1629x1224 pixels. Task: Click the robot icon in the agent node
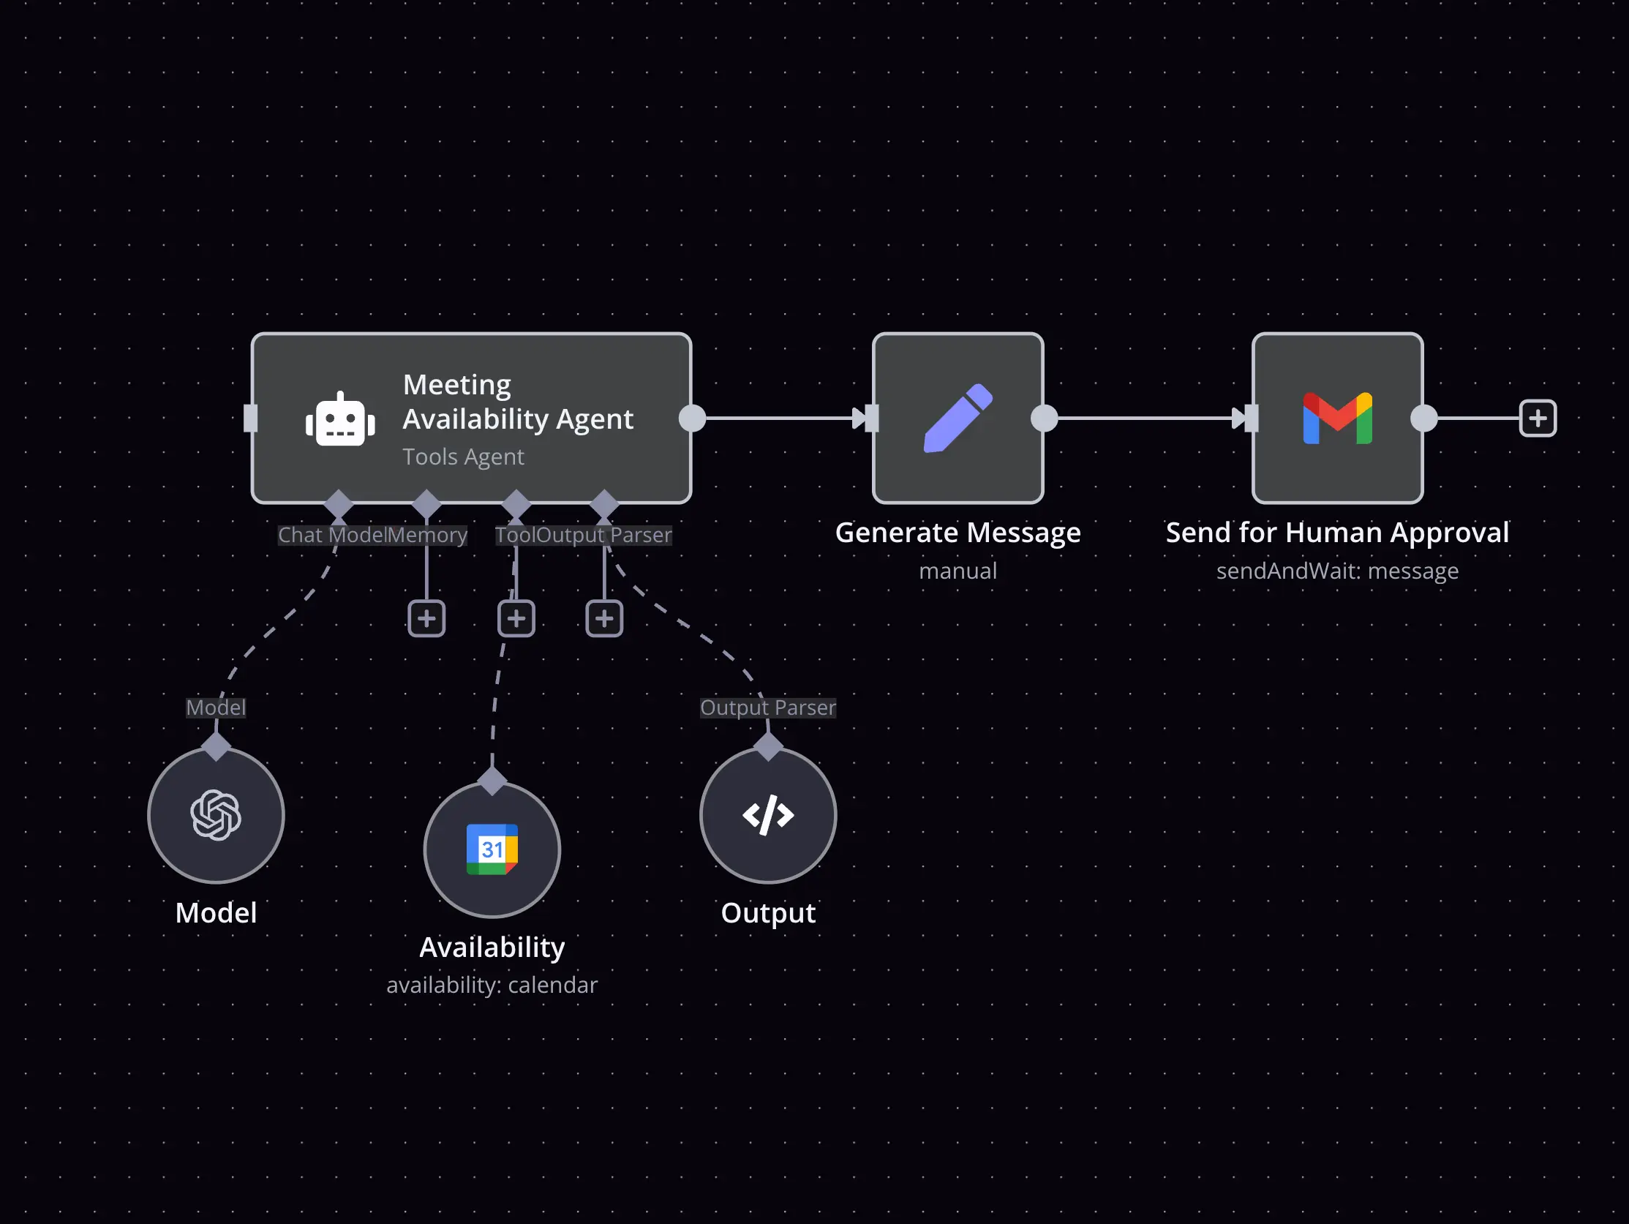(340, 419)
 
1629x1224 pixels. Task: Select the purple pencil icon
(958, 418)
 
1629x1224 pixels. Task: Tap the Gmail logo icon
(1336, 418)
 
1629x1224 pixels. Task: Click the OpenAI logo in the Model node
(216, 814)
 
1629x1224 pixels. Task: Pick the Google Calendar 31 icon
(492, 849)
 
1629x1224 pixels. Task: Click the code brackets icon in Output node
(767, 814)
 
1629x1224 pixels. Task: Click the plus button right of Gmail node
(1537, 418)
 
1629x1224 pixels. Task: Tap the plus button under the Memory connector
(426, 619)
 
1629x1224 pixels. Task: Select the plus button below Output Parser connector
(604, 619)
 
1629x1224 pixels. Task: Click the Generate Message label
(958, 533)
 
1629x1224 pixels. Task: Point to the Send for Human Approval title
(1336, 533)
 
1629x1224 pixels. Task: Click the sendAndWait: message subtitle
(1336, 571)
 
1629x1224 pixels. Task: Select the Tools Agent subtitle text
(463, 457)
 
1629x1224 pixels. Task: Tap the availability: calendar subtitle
(492, 985)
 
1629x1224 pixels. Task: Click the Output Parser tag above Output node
(767, 707)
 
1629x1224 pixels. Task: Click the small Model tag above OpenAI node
(216, 707)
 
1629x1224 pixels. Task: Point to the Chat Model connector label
(331, 536)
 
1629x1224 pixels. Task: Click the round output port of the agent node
(692, 418)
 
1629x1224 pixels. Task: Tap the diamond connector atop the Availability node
(492, 781)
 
